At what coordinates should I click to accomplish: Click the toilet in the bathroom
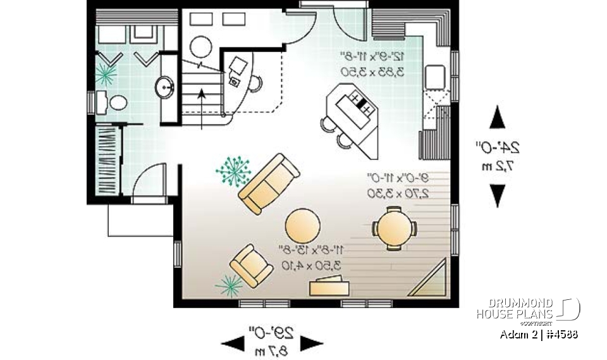116,101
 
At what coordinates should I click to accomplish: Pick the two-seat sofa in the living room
269,183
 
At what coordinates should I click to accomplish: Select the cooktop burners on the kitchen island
360,103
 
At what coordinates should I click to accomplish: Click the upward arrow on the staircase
202,94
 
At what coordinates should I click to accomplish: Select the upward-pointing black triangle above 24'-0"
498,118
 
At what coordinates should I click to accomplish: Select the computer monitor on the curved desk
238,65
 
